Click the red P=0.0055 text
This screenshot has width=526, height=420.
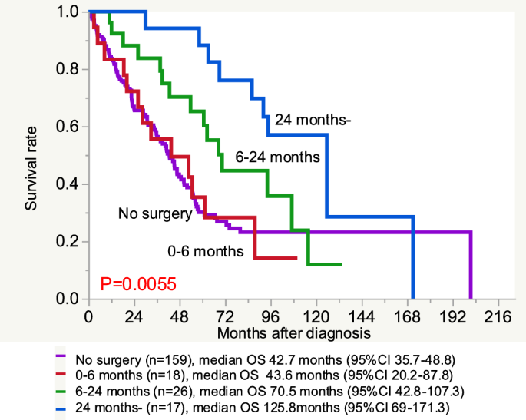pyautogui.click(x=138, y=284)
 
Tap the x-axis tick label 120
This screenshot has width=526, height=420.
pyautogui.click(x=316, y=316)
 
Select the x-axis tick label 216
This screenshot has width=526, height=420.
pyautogui.click(x=498, y=316)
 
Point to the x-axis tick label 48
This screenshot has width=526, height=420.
pyautogui.click(x=180, y=316)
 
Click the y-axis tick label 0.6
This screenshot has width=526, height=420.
pyautogui.click(x=68, y=127)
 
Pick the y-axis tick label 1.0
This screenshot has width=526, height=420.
pyautogui.click(x=68, y=12)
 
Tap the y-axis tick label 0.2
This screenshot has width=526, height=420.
pyautogui.click(x=68, y=242)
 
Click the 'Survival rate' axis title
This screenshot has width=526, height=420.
pyautogui.click(x=31, y=168)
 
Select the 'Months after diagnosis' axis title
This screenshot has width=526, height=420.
pyautogui.click(x=294, y=333)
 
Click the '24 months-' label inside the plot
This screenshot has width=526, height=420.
pyautogui.click(x=313, y=120)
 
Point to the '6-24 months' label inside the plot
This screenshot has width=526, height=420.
pyautogui.click(x=278, y=157)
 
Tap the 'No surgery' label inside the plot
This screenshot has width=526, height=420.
pyautogui.click(x=155, y=213)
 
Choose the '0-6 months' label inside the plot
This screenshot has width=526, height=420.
pyautogui.click(x=206, y=251)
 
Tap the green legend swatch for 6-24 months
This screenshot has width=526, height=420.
pyautogui.click(x=61, y=391)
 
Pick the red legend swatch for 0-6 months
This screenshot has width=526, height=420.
pyautogui.click(x=61, y=373)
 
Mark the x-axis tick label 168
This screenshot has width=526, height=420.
pyautogui.click(x=407, y=316)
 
